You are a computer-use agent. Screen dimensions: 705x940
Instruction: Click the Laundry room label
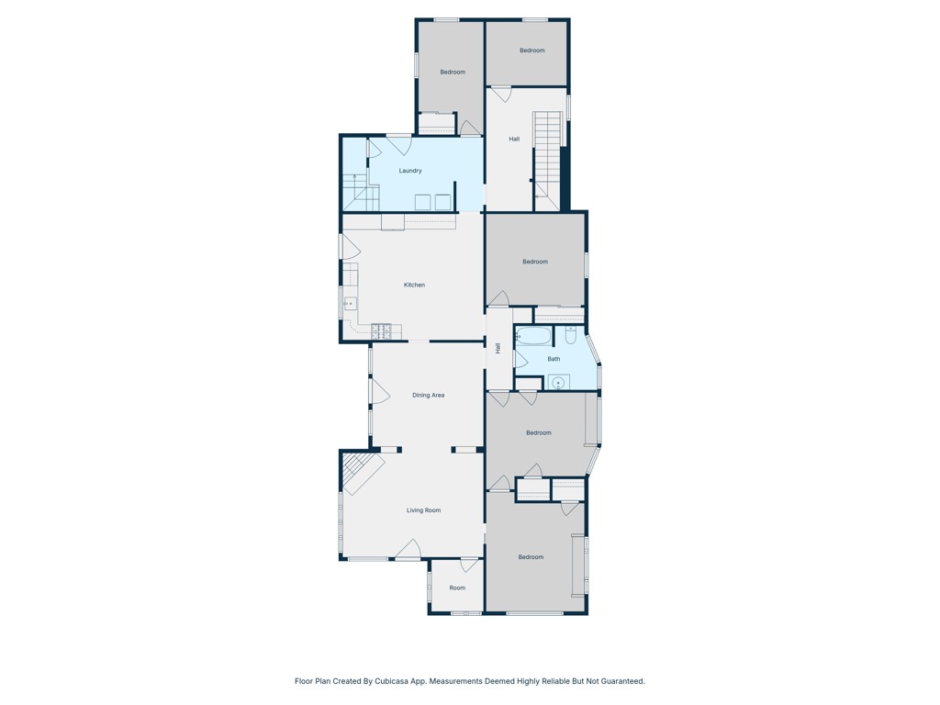pyautogui.click(x=410, y=171)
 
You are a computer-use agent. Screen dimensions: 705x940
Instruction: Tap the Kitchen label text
pyautogui.click(x=414, y=285)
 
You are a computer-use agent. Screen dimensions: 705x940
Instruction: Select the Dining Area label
pyautogui.click(x=428, y=395)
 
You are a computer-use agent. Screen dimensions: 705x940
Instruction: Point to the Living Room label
pyautogui.click(x=423, y=510)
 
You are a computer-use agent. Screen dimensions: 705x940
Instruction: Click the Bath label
pyautogui.click(x=554, y=359)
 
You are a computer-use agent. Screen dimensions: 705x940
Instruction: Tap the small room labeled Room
pyautogui.click(x=457, y=587)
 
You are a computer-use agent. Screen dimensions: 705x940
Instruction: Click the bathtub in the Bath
pyautogui.click(x=533, y=336)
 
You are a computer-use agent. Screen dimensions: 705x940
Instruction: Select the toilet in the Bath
pyautogui.click(x=570, y=334)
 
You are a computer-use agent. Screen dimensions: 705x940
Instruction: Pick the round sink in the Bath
pyautogui.click(x=557, y=382)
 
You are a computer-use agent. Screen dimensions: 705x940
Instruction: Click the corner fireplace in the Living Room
pyautogui.click(x=358, y=471)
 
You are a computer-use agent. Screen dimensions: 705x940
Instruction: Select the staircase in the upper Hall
pyautogui.click(x=547, y=156)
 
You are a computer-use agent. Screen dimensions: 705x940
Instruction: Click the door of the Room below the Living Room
pyautogui.click(x=469, y=565)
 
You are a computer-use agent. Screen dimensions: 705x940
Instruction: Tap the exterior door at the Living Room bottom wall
pyautogui.click(x=408, y=550)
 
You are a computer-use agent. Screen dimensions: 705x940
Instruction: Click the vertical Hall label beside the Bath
pyautogui.click(x=498, y=348)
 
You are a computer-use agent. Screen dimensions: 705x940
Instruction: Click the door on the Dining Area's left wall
pyautogui.click(x=378, y=392)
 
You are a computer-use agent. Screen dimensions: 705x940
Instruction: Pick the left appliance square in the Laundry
pyautogui.click(x=422, y=202)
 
